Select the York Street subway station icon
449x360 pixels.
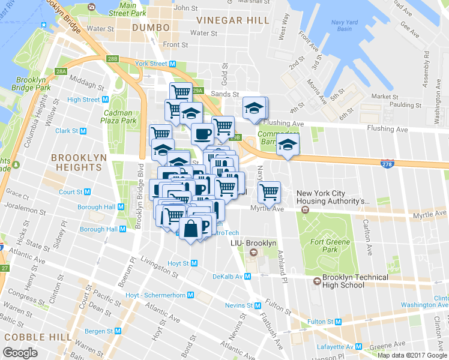pyautogui.click(x=172, y=64)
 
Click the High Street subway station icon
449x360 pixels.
pyautogui.click(x=105, y=100)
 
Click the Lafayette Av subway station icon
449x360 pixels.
pyautogui.click(x=358, y=346)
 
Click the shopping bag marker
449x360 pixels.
pyautogui.click(x=190, y=229)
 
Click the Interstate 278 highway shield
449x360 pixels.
pyautogui.click(x=388, y=163)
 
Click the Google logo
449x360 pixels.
pyautogui.click(x=20, y=353)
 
